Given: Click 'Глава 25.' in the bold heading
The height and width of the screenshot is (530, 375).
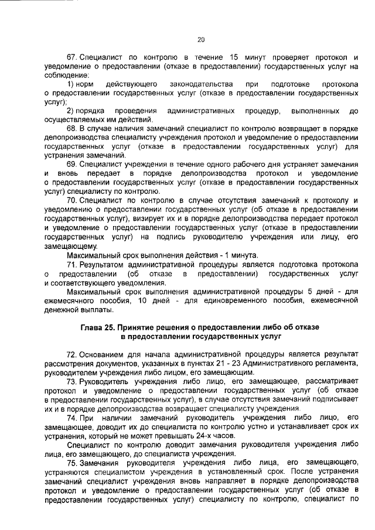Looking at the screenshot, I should pos(100,327).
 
